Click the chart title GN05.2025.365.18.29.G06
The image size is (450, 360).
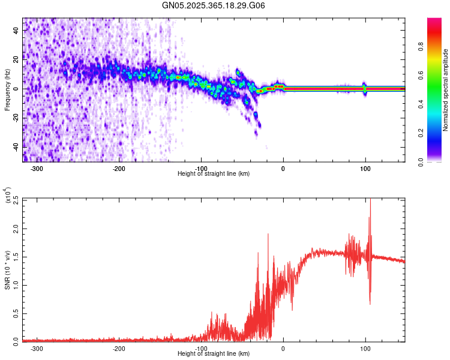214,5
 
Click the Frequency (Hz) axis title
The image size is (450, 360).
7,90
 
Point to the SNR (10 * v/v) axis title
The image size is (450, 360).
7,270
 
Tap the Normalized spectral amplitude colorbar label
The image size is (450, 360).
445,90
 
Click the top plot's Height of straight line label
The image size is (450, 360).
214,173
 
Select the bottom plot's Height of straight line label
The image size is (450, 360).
214,353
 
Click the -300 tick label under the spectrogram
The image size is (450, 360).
37,169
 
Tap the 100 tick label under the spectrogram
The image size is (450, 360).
365,169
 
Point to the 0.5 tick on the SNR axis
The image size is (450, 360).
14,313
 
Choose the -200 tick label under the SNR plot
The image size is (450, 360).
119,349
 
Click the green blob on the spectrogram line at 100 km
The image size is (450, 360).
365,88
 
